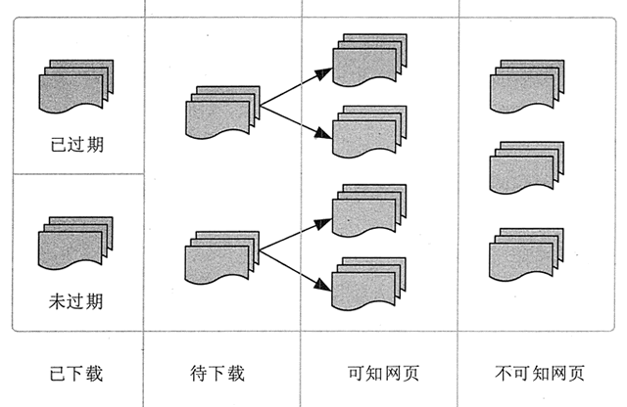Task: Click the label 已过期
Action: pos(76,145)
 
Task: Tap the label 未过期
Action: pos(76,300)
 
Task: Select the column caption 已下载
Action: pos(76,373)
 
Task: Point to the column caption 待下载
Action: pos(217,373)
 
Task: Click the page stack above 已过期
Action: pos(76,88)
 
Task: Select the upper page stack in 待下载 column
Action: pos(222,113)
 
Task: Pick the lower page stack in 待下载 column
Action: pos(222,257)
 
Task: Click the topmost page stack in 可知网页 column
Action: pos(369,63)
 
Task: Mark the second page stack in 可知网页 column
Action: pos(369,132)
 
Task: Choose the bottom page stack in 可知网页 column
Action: pos(369,283)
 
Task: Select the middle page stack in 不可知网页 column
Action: pos(527,167)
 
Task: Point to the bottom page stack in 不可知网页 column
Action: pos(527,253)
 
